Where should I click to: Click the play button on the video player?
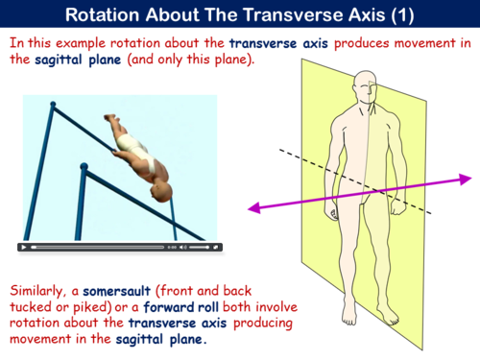(23, 247)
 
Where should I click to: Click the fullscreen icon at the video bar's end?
(215, 247)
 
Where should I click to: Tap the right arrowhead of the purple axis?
(466, 178)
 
